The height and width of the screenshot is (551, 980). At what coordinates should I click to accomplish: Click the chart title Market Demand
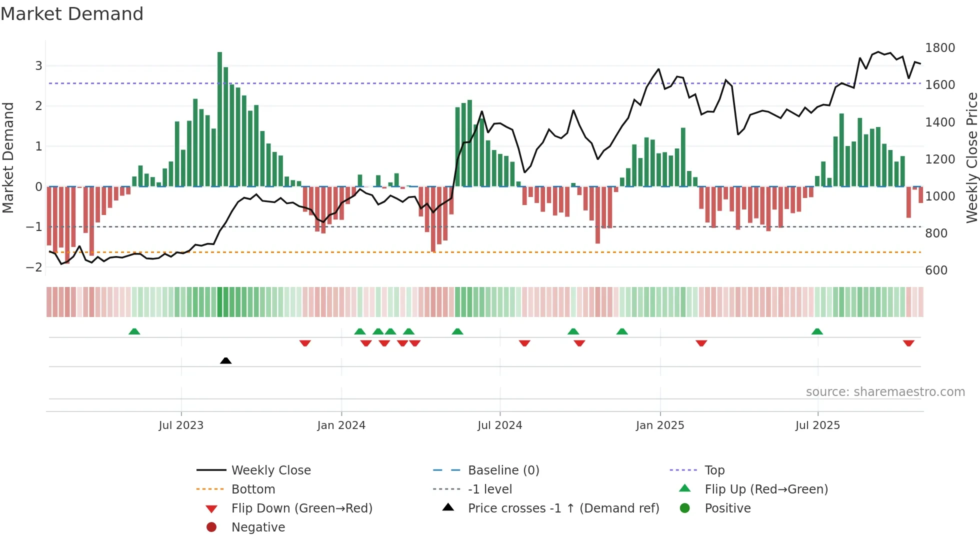72,14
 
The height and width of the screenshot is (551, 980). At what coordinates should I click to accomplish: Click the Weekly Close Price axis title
971,157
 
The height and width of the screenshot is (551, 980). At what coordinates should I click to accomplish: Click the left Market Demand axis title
8,157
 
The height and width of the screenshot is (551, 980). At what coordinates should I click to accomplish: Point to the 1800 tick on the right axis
939,48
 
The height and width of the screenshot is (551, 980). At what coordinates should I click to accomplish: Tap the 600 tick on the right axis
936,270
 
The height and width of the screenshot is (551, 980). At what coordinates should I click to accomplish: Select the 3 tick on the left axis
38,66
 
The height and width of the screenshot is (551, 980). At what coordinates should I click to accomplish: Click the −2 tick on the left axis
34,267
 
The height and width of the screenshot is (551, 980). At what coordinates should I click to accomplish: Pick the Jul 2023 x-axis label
181,425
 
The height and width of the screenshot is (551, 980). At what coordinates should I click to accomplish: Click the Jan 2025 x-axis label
659,425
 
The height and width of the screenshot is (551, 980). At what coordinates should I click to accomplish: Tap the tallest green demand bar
219,120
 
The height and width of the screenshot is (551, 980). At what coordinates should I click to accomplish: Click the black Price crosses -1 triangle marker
225,360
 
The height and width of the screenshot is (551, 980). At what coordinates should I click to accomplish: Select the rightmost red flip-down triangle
908,343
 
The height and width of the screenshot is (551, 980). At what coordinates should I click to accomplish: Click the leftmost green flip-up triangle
134,331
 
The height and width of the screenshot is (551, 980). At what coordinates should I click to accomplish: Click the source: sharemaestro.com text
885,392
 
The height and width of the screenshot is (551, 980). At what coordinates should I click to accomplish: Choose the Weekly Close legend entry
270,470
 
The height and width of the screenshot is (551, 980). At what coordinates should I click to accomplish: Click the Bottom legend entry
253,489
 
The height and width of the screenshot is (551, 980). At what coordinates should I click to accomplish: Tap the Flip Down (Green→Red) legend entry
301,508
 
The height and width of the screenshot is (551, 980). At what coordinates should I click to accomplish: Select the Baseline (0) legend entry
503,470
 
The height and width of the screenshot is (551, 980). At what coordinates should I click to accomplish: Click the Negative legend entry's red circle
211,527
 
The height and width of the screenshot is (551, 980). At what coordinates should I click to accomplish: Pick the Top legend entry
714,470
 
